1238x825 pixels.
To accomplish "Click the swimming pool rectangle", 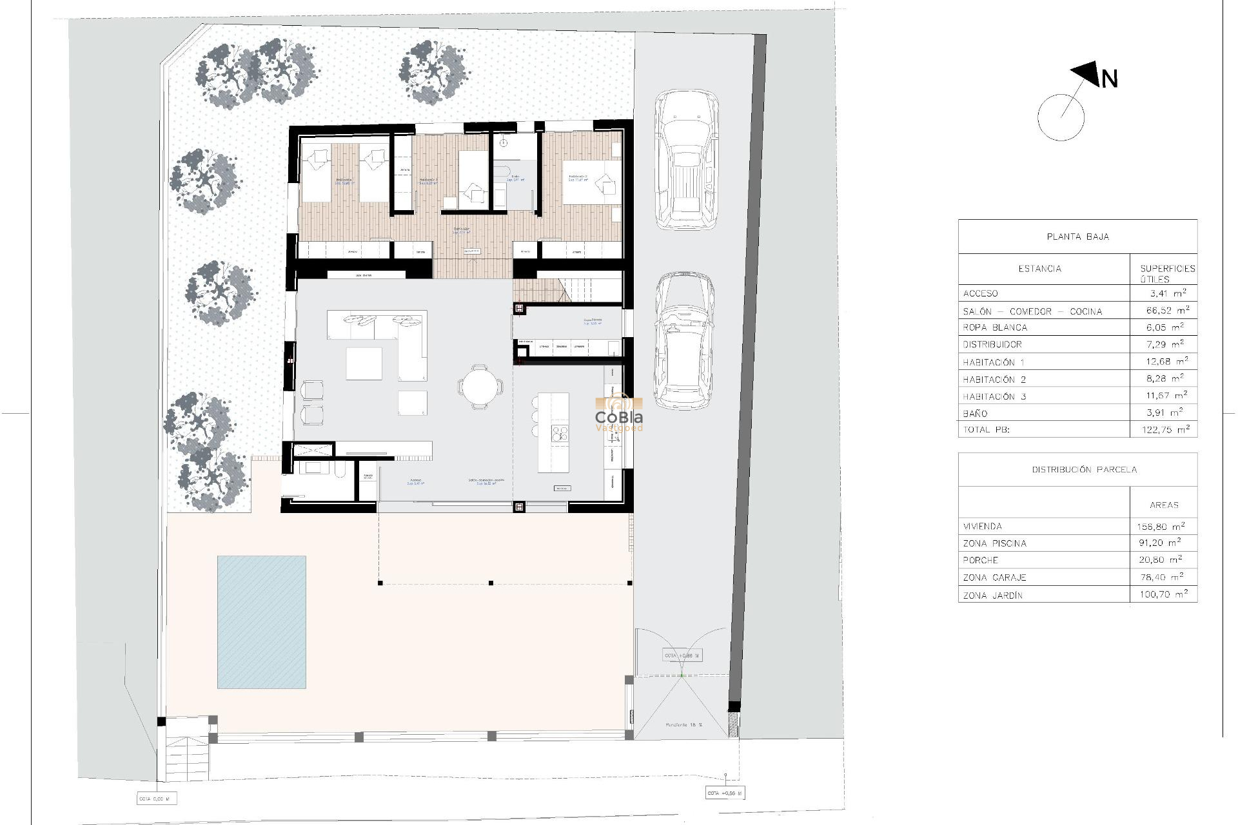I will pos(261,622).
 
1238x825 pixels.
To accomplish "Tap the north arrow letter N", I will pos(1109,79).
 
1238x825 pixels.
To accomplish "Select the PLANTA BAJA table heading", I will pos(1077,237).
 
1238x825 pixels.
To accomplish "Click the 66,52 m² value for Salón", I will pos(1167,311).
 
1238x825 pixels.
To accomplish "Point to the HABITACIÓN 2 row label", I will pos(994,380).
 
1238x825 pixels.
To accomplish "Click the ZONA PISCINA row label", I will pos(994,543).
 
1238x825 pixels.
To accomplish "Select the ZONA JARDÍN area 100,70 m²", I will pos(1163,594).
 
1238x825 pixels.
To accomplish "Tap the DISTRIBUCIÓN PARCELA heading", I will pos(1084,469).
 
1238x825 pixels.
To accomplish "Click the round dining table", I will pos(480,387).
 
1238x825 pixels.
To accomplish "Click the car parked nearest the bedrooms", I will pos(686,159).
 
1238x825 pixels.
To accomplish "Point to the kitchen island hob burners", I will pos(560,434).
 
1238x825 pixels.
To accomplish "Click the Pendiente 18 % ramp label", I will pos(683,725).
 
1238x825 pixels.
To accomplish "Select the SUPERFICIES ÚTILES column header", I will pos(1166,273).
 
